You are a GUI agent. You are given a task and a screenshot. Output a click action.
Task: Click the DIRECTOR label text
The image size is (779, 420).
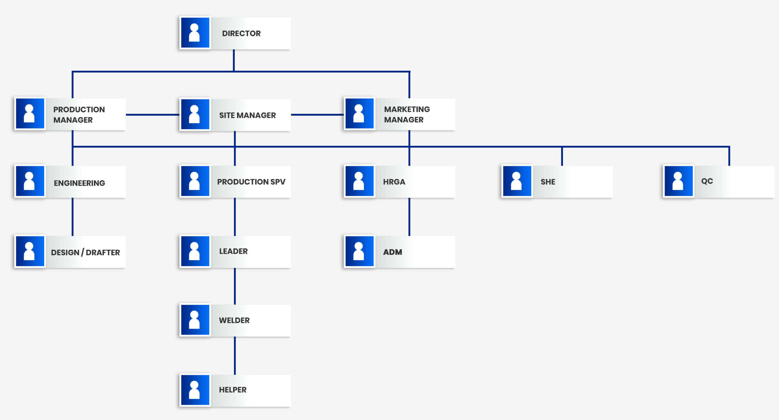(241, 34)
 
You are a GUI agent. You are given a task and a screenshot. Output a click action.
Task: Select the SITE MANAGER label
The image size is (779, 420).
(247, 115)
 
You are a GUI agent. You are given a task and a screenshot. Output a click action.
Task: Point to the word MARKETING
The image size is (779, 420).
(407, 109)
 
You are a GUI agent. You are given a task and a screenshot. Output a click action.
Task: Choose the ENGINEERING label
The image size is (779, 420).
(79, 183)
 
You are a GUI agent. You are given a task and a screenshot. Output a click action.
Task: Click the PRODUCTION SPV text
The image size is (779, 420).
(251, 182)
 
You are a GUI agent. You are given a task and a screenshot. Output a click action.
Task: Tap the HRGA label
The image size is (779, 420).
(394, 182)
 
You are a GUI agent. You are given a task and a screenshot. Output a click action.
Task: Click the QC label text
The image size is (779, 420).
(707, 181)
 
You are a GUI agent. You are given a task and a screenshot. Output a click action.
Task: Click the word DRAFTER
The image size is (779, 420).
(103, 252)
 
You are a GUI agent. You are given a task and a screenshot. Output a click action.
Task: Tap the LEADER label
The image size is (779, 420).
(233, 251)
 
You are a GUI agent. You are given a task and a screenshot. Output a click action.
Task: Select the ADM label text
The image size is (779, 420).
(393, 252)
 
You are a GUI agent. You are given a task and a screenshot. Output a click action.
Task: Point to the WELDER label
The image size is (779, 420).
(234, 320)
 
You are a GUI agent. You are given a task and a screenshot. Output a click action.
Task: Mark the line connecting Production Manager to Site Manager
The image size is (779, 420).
(152, 115)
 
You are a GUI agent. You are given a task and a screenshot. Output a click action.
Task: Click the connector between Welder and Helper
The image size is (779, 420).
(235, 355)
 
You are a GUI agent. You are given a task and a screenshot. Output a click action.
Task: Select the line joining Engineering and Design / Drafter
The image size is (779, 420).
(72, 217)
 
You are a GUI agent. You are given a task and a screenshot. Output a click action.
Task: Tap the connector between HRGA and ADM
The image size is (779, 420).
(409, 217)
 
